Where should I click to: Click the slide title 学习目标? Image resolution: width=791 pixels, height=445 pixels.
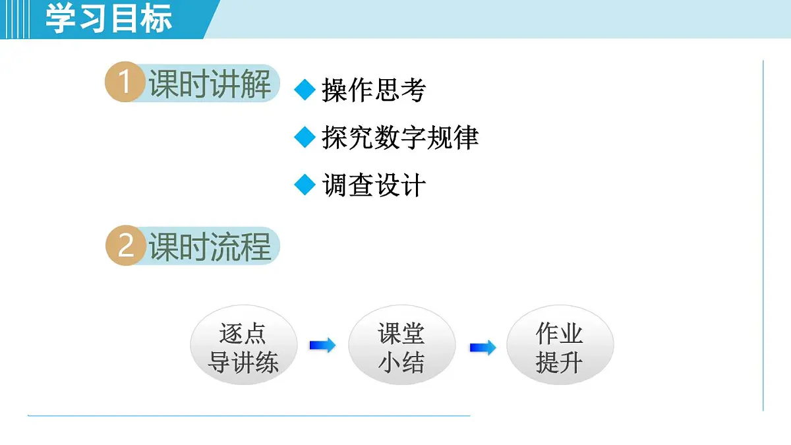[109, 18]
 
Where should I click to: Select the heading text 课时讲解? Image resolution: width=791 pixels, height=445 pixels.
[210, 84]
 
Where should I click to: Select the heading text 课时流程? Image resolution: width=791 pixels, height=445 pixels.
[210, 247]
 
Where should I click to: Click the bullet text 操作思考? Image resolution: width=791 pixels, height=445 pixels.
[374, 90]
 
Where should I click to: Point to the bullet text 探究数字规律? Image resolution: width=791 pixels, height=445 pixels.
[400, 137]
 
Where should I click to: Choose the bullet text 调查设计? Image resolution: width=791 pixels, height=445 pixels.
[374, 186]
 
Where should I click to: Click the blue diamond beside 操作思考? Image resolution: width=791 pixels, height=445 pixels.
[305, 90]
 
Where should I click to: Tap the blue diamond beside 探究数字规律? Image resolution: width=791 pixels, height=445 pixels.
[305, 137]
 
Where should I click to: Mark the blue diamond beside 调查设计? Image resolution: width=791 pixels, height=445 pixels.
[305, 185]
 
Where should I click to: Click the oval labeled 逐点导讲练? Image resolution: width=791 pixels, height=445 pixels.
[243, 347]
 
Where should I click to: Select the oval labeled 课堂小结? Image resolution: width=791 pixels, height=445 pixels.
[401, 347]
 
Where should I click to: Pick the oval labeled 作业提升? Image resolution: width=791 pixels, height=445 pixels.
[560, 347]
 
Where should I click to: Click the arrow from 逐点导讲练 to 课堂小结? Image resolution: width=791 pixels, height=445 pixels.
[322, 345]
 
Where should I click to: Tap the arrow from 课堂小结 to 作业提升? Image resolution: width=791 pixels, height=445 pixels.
[483, 347]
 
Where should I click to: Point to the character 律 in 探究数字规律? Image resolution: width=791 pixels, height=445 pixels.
[466, 137]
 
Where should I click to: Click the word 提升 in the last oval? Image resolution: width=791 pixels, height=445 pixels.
[560, 362]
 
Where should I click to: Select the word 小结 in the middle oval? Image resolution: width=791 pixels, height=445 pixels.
[401, 362]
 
